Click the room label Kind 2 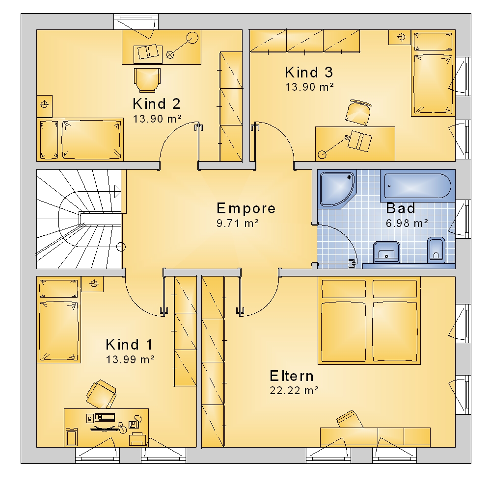point(157,104)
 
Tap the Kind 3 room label point(309,72)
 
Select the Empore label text point(246,208)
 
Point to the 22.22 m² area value point(294,391)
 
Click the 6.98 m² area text point(407,223)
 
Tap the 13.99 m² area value point(130,359)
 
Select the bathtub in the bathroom point(418,186)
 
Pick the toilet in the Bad point(436,250)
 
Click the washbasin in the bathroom point(387,252)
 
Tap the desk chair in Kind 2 point(147,80)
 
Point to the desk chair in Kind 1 point(101,394)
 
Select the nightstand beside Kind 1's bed point(92,284)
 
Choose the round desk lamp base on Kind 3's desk point(322,154)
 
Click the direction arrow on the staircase point(118,191)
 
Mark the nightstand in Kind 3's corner point(400,37)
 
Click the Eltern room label point(292,376)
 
